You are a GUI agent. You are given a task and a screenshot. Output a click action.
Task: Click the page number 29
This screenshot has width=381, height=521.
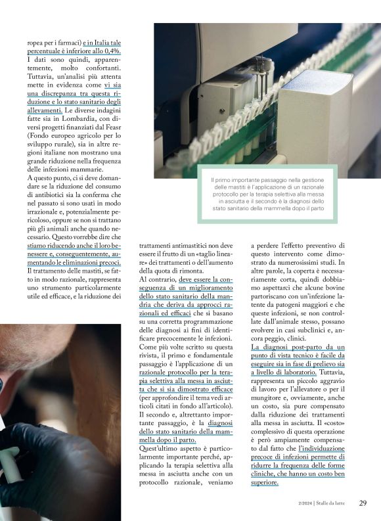(x=363, y=503)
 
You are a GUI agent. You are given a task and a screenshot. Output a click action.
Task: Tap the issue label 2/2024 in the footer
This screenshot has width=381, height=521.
(x=306, y=504)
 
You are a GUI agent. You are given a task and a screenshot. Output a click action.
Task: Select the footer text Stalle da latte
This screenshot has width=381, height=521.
(x=334, y=504)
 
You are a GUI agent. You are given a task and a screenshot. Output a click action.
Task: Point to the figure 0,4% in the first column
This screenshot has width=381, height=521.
(x=118, y=52)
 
